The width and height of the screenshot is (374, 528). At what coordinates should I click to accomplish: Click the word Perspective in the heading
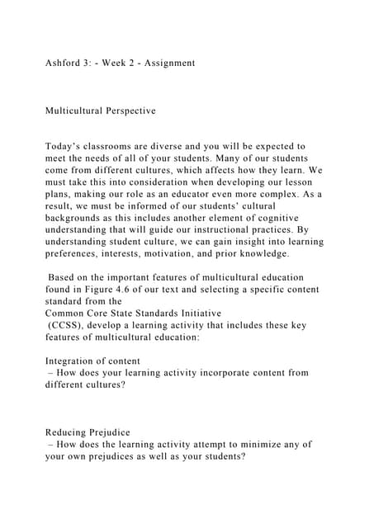125,109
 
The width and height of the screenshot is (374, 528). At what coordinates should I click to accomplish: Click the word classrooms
116,145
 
